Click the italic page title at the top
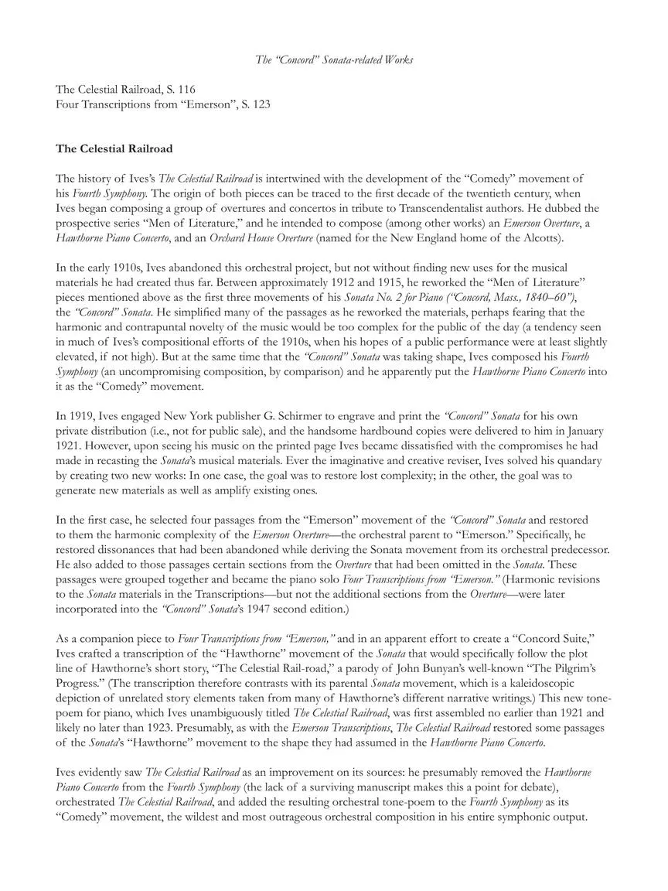pos(334,60)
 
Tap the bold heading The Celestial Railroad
pos(114,148)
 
